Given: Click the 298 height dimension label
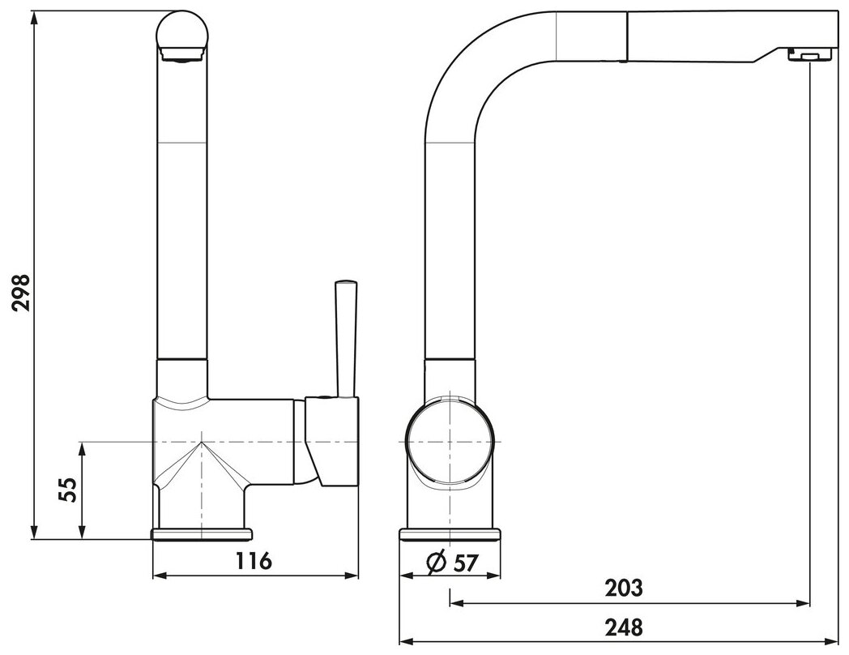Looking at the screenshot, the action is pos(22,293).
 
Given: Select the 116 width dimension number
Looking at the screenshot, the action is pos(253,561).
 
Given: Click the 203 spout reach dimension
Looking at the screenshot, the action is pos(625,588).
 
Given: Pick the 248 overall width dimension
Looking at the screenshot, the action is pos(625,628).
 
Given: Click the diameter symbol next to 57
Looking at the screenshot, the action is pos(437,563).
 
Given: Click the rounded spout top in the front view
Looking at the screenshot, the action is pos(181,35).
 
